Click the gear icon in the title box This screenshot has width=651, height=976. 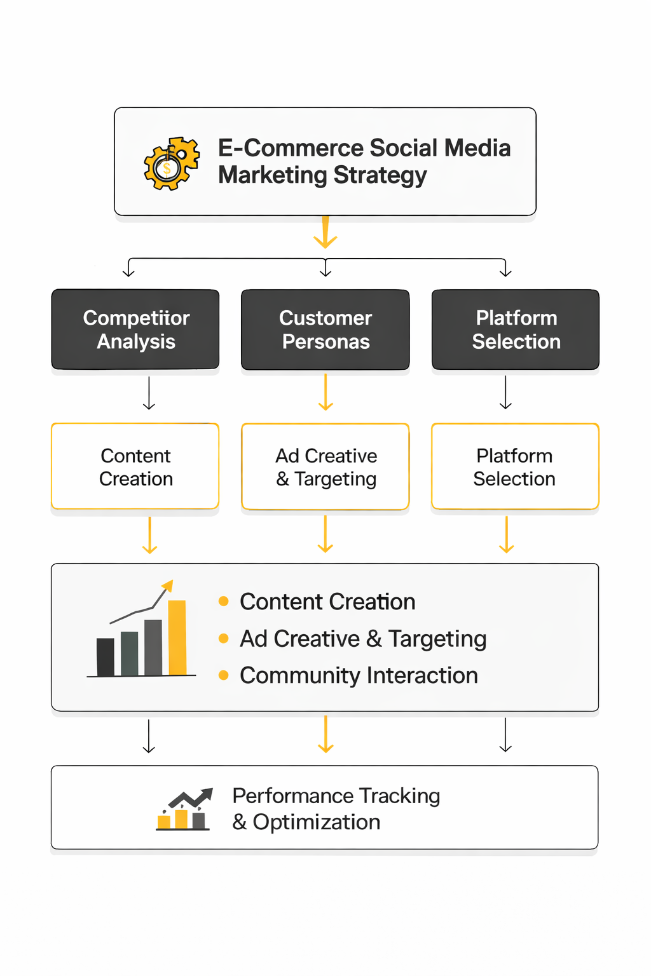(x=170, y=163)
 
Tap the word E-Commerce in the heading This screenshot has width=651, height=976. (x=290, y=148)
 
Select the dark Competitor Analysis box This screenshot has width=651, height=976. (x=135, y=330)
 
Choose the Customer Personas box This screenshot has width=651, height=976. (x=325, y=330)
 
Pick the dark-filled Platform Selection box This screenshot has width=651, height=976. (x=516, y=330)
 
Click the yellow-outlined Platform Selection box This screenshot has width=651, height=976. (x=515, y=466)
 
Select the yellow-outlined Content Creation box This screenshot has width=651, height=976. (x=135, y=466)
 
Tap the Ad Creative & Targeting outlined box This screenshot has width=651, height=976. (x=325, y=466)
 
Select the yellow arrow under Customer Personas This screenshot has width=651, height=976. (x=325, y=393)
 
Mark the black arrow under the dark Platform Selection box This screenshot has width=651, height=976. (x=506, y=393)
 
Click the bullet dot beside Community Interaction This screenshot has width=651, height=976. (x=223, y=675)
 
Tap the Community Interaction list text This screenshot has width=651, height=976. (x=359, y=675)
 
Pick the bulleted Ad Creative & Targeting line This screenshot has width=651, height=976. (x=363, y=639)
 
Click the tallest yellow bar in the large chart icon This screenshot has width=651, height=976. (x=177, y=637)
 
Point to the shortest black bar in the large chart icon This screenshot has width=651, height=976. (x=106, y=657)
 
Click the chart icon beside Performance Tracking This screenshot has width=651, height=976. (x=184, y=810)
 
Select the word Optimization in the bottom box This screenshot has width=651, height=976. (x=317, y=822)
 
